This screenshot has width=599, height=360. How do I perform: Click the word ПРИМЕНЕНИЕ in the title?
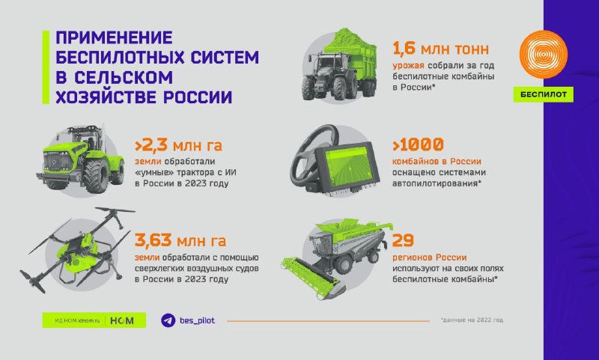click(115, 37)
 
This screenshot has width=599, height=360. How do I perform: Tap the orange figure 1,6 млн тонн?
click(440, 49)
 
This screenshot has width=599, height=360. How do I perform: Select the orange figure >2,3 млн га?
click(178, 145)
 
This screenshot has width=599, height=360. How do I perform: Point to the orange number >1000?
click(418, 144)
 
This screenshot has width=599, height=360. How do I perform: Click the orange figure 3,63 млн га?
click(180, 240)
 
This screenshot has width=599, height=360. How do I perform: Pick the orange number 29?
click(403, 240)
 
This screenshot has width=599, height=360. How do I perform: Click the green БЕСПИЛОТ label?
click(544, 94)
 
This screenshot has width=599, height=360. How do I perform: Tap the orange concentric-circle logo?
click(544, 54)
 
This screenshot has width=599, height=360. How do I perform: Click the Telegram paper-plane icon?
click(168, 320)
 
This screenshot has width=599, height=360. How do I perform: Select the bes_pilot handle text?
click(197, 320)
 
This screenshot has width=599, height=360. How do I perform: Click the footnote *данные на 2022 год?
click(472, 320)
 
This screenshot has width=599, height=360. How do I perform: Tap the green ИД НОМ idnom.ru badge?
click(94, 320)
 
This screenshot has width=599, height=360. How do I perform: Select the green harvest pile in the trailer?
click(349, 40)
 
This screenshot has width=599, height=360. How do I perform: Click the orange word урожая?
click(408, 66)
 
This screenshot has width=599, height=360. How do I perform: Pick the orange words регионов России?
click(429, 257)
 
